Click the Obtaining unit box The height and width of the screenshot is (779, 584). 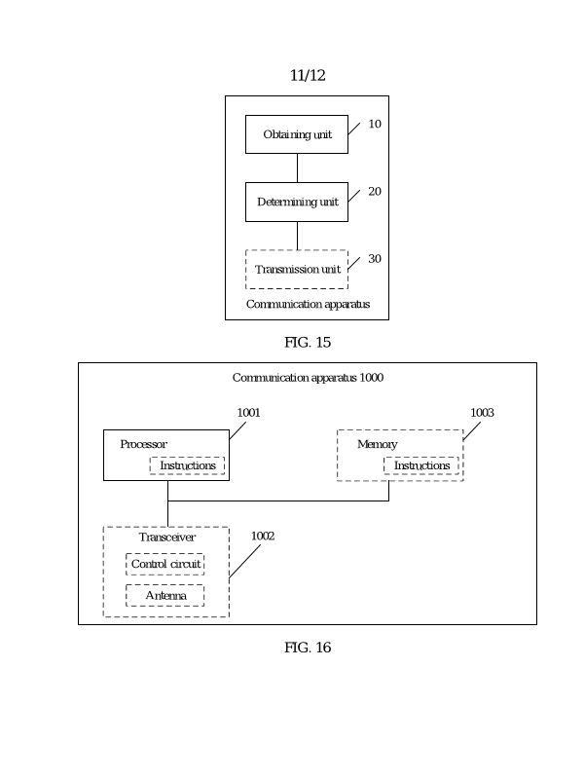pyautogui.click(x=297, y=134)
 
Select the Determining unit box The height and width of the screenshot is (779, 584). pyautogui.click(x=297, y=202)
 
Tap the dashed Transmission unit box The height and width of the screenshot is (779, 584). pyautogui.click(x=297, y=269)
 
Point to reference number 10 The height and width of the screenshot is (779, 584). pyautogui.click(x=375, y=125)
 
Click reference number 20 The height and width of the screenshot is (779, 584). pyautogui.click(x=375, y=192)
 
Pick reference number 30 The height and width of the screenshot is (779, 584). pyautogui.click(x=375, y=259)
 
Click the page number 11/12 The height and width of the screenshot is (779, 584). pyautogui.click(x=308, y=76)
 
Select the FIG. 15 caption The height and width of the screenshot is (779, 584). pyautogui.click(x=308, y=342)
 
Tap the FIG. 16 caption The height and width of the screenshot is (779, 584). pyautogui.click(x=308, y=648)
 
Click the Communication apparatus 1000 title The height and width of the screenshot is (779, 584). pyautogui.click(x=308, y=378)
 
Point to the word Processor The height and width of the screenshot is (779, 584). pyautogui.click(x=143, y=444)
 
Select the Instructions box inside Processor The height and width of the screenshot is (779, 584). pyautogui.click(x=188, y=465)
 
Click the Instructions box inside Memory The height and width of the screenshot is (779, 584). pyautogui.click(x=422, y=465)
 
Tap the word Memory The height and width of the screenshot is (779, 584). pyautogui.click(x=378, y=444)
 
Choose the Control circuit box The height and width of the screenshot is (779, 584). pyautogui.click(x=165, y=565)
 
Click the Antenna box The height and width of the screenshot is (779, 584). pyautogui.click(x=165, y=595)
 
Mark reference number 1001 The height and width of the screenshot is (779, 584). pyautogui.click(x=249, y=413)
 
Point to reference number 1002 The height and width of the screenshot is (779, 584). pyautogui.click(x=263, y=536)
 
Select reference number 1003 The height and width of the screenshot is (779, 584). pyautogui.click(x=483, y=413)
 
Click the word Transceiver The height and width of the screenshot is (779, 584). pyautogui.click(x=167, y=538)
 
